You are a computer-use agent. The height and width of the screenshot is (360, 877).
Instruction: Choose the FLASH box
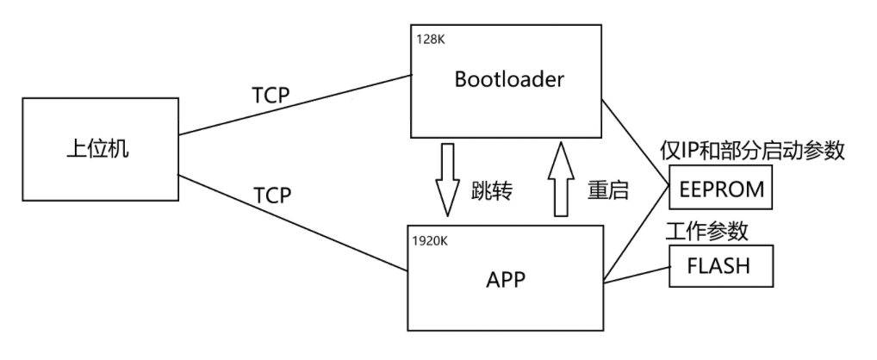[720, 266]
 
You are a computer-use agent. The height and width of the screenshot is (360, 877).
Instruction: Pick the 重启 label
[608, 191]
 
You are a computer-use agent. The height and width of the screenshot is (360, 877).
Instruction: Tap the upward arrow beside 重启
[560, 180]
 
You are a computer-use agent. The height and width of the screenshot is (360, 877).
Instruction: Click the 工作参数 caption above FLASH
[706, 231]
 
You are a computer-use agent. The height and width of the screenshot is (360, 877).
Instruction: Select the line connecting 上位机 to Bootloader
[293, 103]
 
